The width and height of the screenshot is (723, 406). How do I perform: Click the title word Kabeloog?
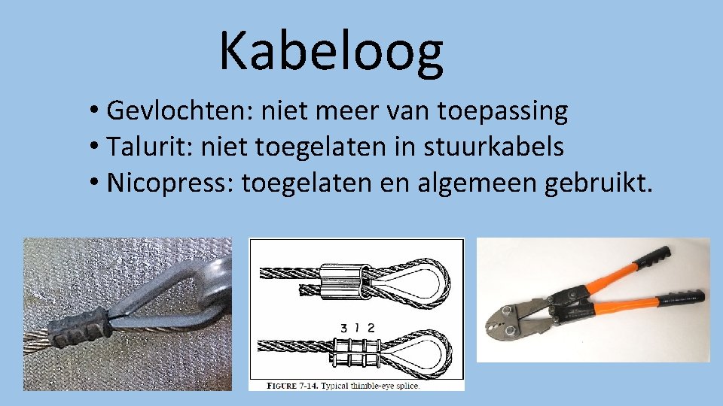point(331,50)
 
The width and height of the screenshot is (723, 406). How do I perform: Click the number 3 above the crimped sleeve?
point(343,329)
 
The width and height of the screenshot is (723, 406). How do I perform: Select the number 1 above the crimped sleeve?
point(357,329)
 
